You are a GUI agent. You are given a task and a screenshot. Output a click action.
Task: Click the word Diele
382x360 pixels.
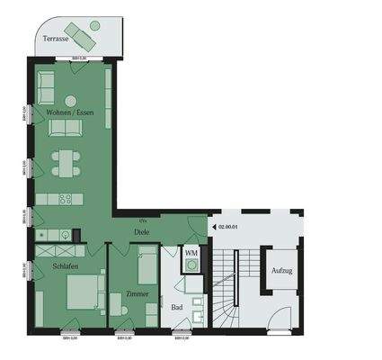click(141, 232)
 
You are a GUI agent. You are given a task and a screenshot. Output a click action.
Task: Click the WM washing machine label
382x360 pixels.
click(190, 253)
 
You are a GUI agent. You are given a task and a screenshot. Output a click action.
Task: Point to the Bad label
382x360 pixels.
click(177, 308)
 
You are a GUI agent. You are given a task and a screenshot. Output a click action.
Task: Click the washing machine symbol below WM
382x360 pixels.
click(191, 266)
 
